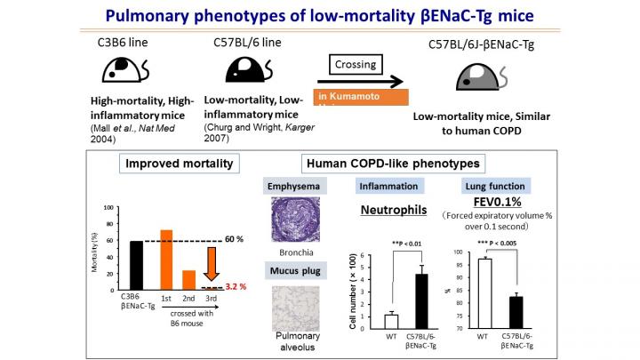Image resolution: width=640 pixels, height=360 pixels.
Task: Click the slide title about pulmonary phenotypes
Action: [319, 16]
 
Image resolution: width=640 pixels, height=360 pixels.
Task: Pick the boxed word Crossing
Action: [354, 65]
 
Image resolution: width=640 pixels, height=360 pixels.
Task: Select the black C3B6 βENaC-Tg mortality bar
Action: [136, 266]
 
